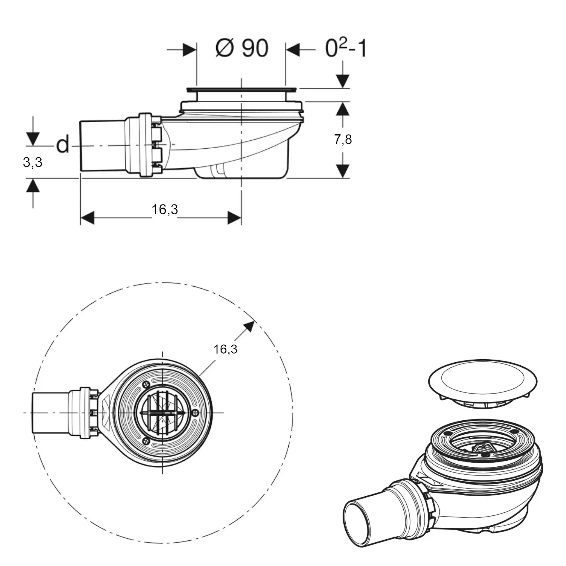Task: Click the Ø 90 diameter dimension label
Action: (242, 48)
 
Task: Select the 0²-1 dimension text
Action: (346, 48)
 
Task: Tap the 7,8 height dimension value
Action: (343, 140)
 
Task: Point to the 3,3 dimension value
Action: (32, 162)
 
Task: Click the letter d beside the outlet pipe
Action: (63, 145)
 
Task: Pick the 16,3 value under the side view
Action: (165, 209)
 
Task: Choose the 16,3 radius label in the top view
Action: (225, 349)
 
